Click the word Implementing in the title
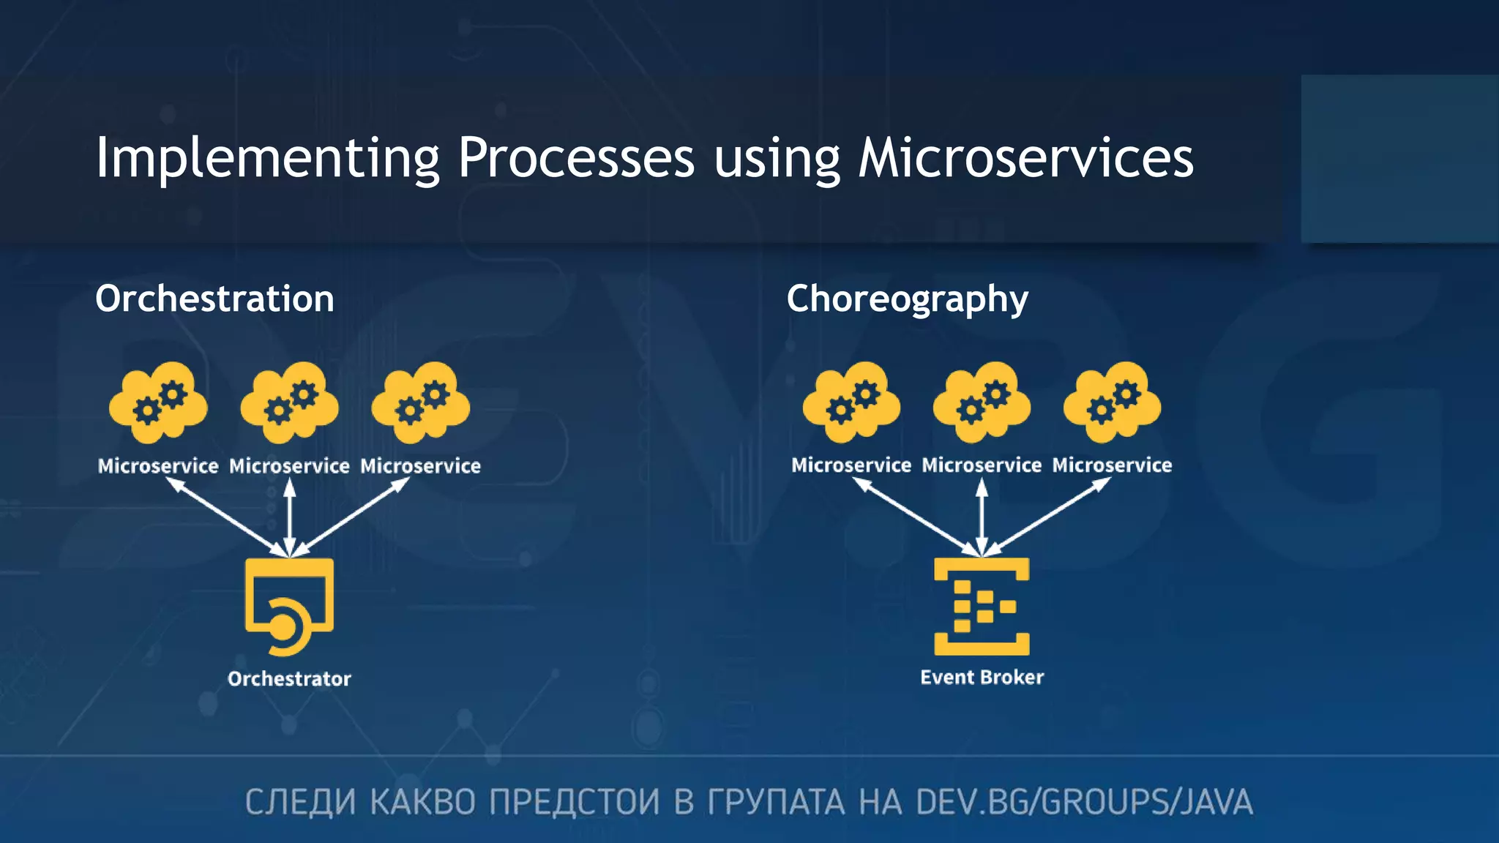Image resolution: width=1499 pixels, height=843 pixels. pos(267,158)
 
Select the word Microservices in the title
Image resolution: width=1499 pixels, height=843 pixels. pos(1025,158)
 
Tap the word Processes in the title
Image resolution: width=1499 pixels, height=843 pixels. pos(576,158)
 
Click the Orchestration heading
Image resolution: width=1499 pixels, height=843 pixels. pos(214,299)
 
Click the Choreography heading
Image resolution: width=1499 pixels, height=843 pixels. pos(907,299)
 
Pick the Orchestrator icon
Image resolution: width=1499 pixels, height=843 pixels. pos(289,606)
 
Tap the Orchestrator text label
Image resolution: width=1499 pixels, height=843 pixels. pos(289,678)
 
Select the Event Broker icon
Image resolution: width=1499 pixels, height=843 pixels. pos(982,606)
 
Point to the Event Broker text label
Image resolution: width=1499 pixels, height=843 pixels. pos(982,677)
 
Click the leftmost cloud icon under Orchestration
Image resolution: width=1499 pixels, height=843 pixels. pos(158,403)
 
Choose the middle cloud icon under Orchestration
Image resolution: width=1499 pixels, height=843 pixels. pos(289,403)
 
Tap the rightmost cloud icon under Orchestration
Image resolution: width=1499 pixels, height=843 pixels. pos(420,403)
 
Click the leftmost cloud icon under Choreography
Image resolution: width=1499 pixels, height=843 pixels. pos(851,403)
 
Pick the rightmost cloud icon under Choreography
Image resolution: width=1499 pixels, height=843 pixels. pos(1112,403)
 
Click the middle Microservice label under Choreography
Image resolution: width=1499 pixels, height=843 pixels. pos(982,465)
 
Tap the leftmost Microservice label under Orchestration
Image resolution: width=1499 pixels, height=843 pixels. pos(158,466)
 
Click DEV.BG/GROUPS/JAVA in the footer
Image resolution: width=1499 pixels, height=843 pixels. pos(1084,802)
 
